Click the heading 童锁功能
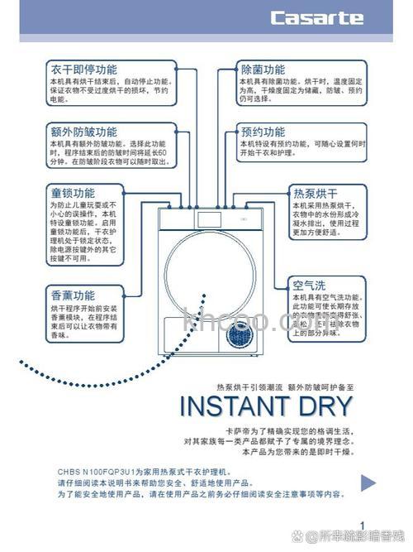pos(73,192)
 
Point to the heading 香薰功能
pos(73,295)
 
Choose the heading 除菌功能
pos(263,70)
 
